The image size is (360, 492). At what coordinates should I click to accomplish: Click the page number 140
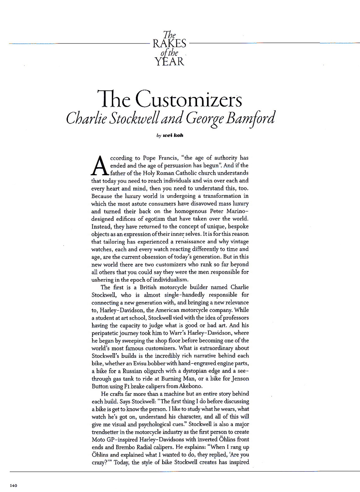point(14,485)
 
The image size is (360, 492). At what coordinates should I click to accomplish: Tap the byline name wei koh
point(173,135)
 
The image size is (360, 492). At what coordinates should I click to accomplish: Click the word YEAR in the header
point(169,61)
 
